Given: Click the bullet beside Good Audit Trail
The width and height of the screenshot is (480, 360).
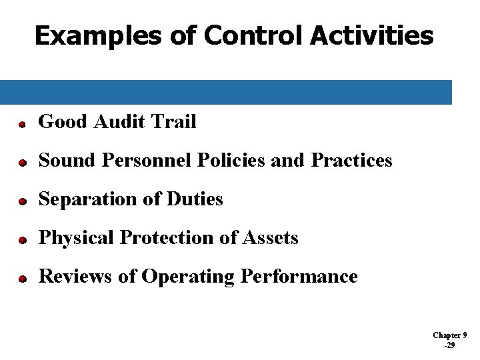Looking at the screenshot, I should [21, 124].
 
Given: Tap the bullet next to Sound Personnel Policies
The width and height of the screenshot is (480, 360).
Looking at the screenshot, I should [21, 163].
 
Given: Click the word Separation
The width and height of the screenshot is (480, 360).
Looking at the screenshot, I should [84, 199].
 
